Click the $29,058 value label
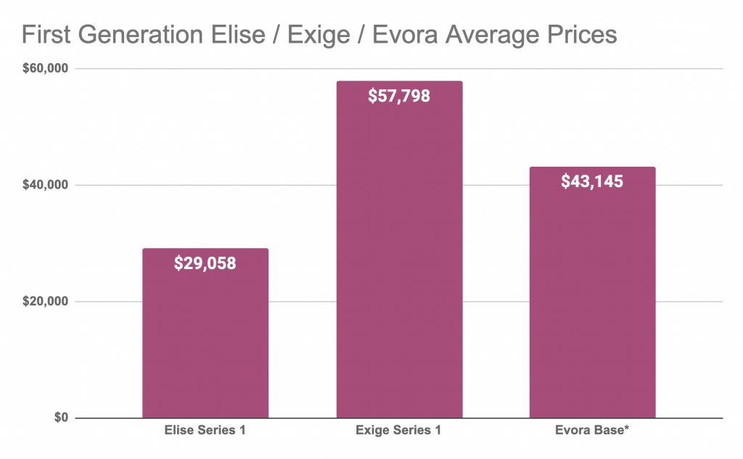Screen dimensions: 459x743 205,263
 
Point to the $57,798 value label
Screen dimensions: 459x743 399,96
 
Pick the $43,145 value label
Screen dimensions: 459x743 592,181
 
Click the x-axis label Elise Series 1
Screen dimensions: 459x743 205,431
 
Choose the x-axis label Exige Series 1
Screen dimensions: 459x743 399,431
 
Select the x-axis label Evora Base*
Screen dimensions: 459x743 592,431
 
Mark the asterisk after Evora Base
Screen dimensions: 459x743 626,429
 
